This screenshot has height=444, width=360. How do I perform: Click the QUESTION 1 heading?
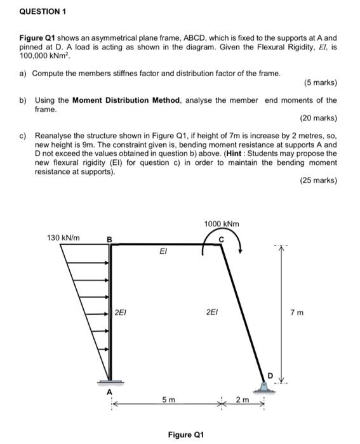(42, 11)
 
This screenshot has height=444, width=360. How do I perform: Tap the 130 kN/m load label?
(63, 237)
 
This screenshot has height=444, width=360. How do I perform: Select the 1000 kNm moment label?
(222, 224)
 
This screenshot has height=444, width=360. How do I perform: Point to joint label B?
(109, 239)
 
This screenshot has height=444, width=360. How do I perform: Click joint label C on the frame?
(222, 238)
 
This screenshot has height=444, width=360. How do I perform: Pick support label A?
(109, 392)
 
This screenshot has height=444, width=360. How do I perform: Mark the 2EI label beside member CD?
(213, 312)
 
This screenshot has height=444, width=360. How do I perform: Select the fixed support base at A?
(109, 382)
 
